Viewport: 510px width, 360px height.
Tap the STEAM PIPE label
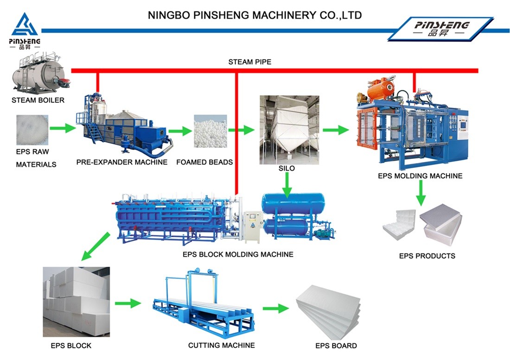[249, 62]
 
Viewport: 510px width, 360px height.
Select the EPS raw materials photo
[32, 129]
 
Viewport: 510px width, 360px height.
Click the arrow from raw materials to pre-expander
[63, 128]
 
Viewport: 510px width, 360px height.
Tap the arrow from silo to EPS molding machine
[336, 130]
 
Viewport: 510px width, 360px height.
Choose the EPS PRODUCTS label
[427, 256]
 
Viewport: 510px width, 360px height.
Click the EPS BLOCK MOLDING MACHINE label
[238, 254]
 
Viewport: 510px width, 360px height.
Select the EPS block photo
[76, 302]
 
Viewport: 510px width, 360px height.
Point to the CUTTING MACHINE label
[221, 345]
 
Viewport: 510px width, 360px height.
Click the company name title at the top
[255, 15]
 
